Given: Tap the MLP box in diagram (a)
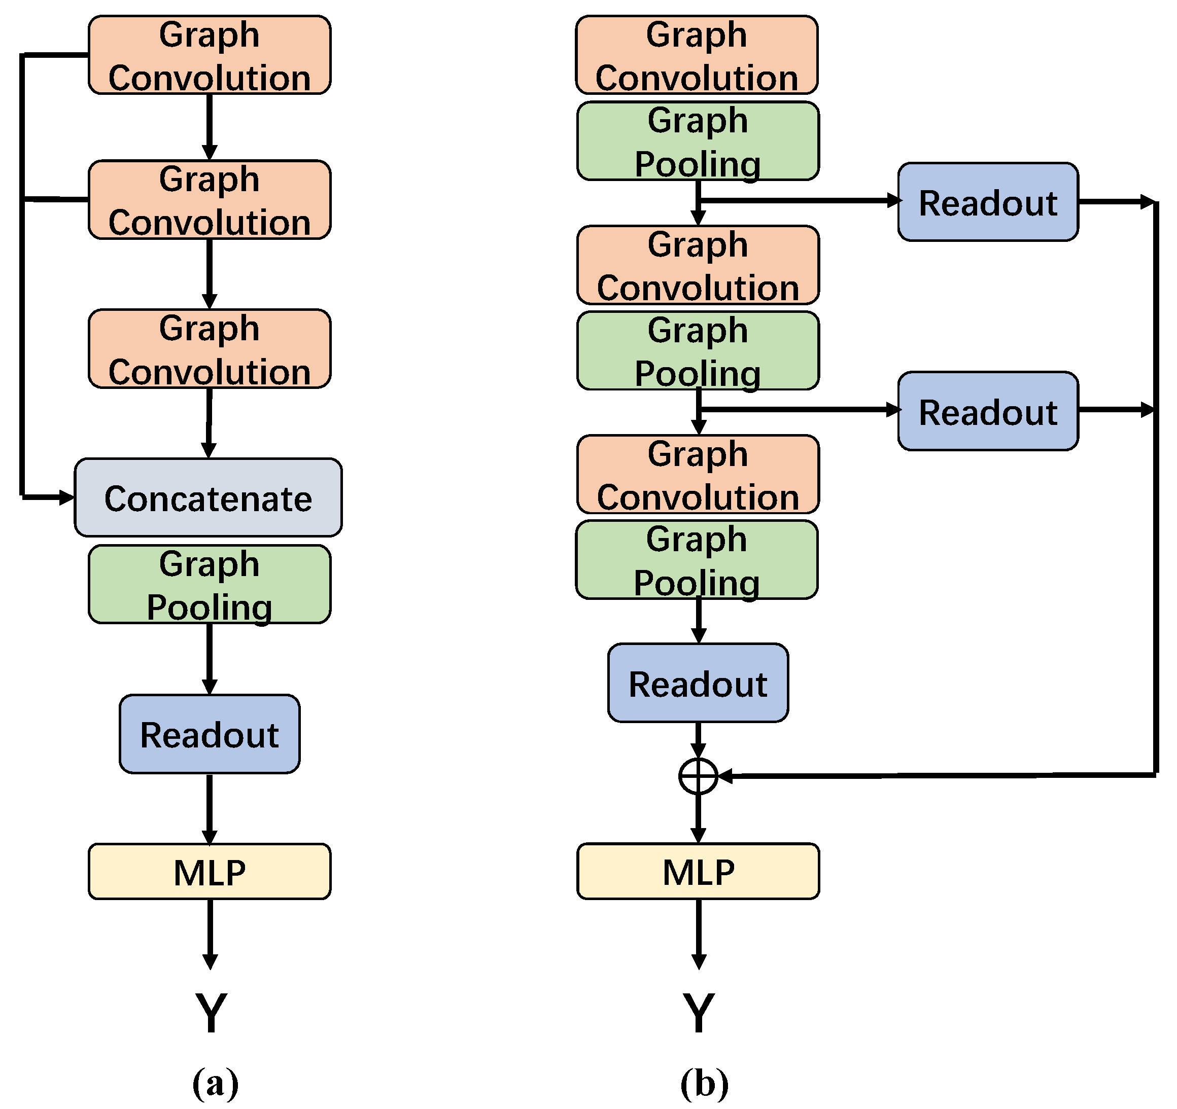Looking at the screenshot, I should click(210, 872).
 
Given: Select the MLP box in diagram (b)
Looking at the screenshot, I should click(698, 872).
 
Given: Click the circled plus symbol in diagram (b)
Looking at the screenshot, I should click(698, 776).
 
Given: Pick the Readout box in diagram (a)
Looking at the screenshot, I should click(210, 734).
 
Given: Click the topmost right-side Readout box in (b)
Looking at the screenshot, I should click(988, 202).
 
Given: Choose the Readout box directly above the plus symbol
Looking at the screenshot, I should click(698, 684).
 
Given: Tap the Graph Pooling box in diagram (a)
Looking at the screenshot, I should click(210, 585).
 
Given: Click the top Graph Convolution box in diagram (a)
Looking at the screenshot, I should click(210, 55).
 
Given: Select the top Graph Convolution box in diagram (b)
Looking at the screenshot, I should click(697, 55).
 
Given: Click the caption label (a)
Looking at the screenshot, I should click(216, 1083).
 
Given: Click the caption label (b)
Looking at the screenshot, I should click(704, 1083).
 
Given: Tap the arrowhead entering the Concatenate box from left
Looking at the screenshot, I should click(67, 497).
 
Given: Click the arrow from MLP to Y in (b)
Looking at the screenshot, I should click(699, 932).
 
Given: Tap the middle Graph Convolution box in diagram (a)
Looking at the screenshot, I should click(210, 200).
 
